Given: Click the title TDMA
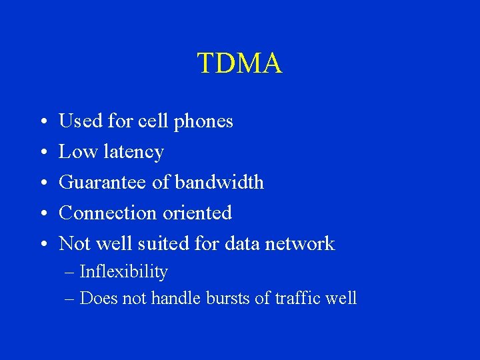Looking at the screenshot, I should pos(240,63).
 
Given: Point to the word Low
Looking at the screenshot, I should pos(78,152).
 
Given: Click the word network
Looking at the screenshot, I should pos(299,243).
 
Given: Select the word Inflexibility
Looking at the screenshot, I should pos(123,272).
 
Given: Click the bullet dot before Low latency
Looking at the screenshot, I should pos(41,153).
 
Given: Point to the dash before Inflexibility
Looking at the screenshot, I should pos(70,272).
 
